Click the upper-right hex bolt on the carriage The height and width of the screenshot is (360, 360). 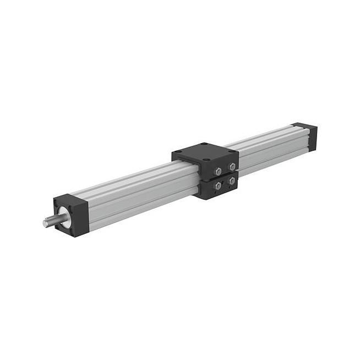(x=232, y=166)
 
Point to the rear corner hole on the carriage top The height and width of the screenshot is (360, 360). (x=203, y=145)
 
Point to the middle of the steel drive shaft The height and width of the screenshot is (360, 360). (x=51, y=221)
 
